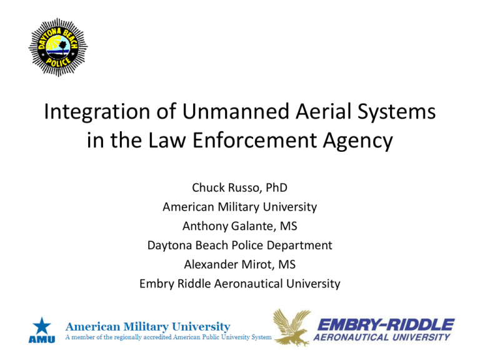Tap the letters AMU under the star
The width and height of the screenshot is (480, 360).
pos(41,339)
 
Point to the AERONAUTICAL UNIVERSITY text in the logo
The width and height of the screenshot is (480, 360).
pos(382,337)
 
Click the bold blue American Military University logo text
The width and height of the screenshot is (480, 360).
pos(149,326)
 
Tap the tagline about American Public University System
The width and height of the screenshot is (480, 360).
pos(169,337)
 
